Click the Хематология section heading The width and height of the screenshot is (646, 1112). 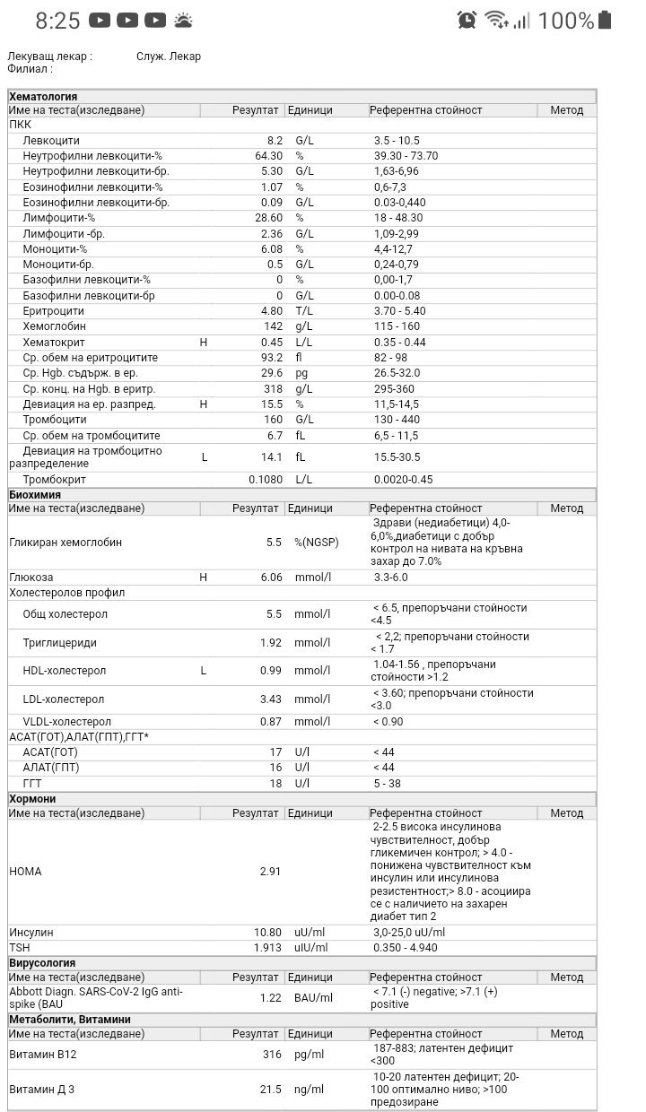43,96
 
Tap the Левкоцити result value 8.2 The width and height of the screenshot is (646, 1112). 274,141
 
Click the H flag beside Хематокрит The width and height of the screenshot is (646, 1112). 204,342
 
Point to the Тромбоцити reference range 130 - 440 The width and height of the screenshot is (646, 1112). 397,420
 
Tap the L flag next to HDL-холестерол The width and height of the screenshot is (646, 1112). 204,671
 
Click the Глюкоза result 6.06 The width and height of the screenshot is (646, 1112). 271,578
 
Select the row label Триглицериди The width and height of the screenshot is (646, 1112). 59,643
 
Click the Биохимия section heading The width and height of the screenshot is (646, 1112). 35,494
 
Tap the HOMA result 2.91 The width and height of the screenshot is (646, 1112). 270,871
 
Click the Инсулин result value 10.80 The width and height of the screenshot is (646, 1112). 267,933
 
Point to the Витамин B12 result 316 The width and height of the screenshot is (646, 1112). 272,1055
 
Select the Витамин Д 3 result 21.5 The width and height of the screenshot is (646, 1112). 270,1090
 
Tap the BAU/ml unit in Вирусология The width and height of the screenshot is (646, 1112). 313,997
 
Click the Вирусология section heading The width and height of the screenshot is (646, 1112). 42,963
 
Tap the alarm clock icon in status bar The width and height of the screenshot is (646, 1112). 467,20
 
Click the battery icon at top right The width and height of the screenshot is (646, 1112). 605,20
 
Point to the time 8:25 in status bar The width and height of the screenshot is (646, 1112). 57,21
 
